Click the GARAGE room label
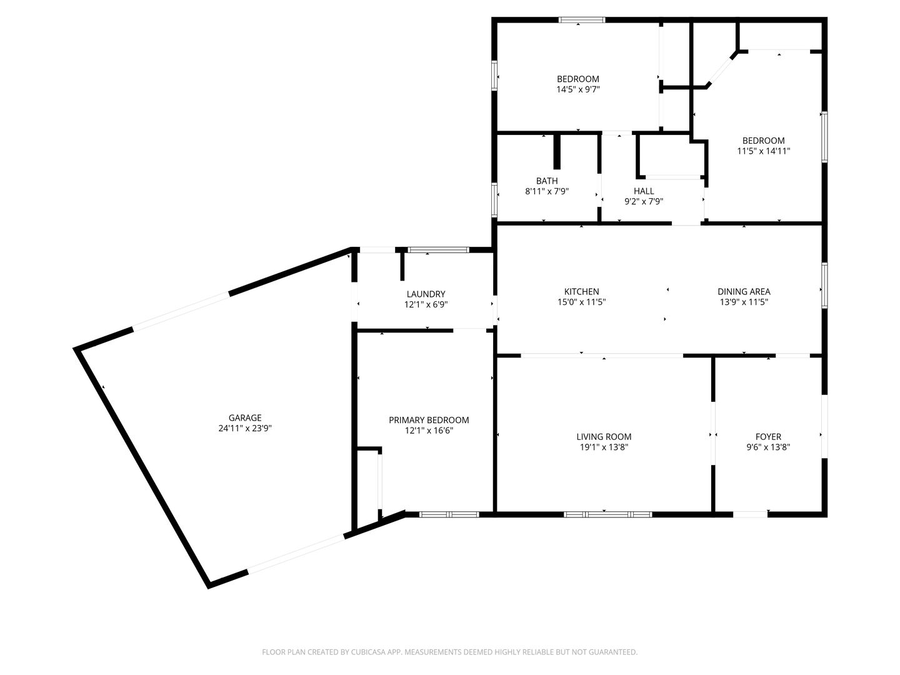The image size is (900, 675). (245, 417)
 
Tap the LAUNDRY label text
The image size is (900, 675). (426, 294)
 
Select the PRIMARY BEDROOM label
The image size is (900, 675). (429, 420)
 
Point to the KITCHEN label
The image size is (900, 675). (581, 291)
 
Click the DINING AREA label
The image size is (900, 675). (744, 291)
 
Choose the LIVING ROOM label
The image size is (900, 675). (604, 436)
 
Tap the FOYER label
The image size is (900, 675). (768, 436)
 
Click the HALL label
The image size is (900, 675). (644, 191)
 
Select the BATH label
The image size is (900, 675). (547, 181)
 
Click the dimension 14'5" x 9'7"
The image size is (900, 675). (578, 89)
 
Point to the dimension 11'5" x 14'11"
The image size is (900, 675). (764, 151)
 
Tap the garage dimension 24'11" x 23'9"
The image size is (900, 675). (245, 428)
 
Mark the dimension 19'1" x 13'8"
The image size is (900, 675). (604, 447)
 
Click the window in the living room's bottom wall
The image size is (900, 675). (607, 514)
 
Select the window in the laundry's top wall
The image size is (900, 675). (438, 249)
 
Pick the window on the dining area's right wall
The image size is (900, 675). (824, 285)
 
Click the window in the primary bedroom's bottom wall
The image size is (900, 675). (449, 514)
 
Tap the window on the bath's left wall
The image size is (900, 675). (494, 199)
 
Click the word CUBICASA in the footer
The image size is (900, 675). (369, 652)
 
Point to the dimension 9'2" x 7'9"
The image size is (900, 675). (644, 202)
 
